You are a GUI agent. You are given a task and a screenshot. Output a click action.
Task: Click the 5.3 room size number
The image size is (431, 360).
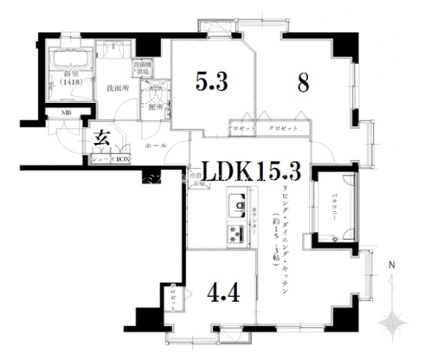[x=211, y=83]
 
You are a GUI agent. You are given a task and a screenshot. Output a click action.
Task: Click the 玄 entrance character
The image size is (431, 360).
[x=100, y=137]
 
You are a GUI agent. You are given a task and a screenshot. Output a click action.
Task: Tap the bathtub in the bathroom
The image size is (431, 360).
[x=69, y=62]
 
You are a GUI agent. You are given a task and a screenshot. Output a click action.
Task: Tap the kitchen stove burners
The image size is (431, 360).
[x=236, y=232]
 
